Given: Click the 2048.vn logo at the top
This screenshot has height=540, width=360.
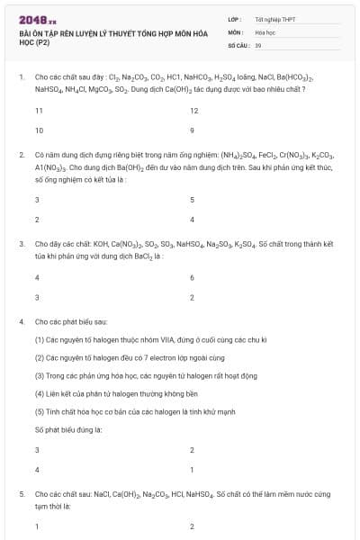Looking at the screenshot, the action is pos(37,19).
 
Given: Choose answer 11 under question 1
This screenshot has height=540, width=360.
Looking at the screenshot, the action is pos(39,111).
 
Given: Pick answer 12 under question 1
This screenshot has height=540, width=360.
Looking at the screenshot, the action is pos(194,111).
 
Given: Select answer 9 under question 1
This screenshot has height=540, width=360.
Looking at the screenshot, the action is pos(193,130).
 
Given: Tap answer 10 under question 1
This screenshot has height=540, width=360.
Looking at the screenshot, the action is pos(39,130).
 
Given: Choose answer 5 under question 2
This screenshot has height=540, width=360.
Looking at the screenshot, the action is pos(193,200).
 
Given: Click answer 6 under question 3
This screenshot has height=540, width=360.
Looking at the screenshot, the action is pos(193,277).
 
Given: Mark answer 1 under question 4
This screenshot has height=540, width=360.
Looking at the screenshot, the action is pos(193,470).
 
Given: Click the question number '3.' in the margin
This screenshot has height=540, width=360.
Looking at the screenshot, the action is pos(22,244).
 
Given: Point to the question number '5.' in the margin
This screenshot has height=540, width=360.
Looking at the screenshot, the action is pos(22,494).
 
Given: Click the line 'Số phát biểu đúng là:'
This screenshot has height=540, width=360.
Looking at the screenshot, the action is pos(68,429).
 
